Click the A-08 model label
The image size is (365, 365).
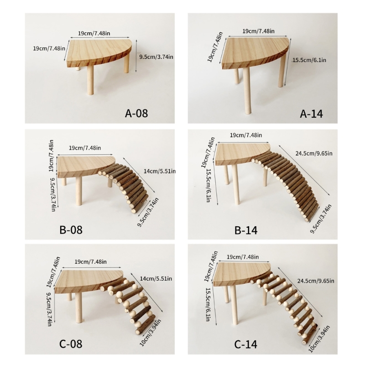tap(136, 113)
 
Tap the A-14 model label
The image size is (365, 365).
tap(311, 114)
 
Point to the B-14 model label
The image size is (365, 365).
tap(246, 230)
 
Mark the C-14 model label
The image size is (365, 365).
tap(246, 344)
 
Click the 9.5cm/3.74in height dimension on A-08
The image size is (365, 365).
tap(156, 56)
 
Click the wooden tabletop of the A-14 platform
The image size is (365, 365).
tap(255, 51)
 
